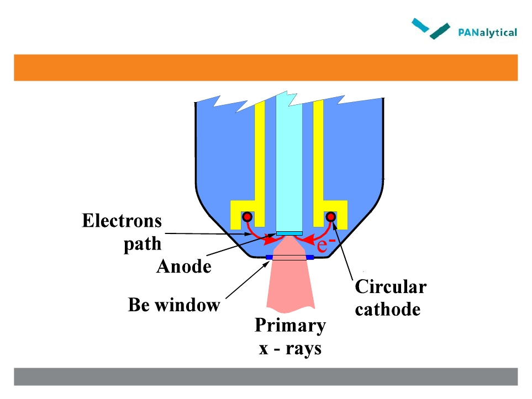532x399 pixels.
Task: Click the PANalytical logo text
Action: point(488,32)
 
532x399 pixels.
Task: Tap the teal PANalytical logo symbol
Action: point(431,28)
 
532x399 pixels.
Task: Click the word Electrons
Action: point(122,221)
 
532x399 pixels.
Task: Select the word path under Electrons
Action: point(142,243)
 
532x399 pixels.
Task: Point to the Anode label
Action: point(184,267)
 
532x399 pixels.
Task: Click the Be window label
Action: point(174,305)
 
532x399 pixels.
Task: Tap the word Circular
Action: point(390,287)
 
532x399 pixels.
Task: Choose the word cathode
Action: point(388,309)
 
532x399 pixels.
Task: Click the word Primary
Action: point(290,326)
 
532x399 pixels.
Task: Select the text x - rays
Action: point(290,349)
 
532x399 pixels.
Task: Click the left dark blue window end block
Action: point(269,258)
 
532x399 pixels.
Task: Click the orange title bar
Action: point(265,67)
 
